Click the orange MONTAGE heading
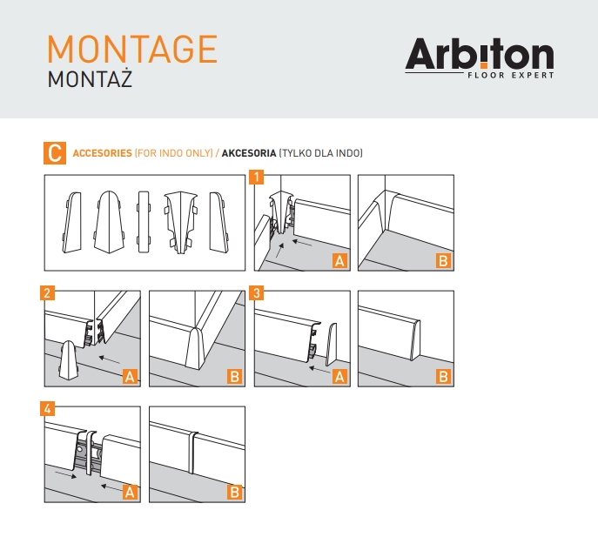coord(132,49)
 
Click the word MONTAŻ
coord(90,79)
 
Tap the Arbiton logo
coord(480,58)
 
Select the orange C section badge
coord(55,153)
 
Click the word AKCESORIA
coord(249,153)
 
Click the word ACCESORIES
coord(102,153)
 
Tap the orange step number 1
coord(256,177)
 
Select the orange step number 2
coord(47,293)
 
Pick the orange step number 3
coord(256,293)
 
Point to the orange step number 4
coord(47,409)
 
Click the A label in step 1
coord(339,261)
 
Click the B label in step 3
coord(443,377)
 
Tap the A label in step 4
coord(130,493)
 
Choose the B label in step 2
coord(234,377)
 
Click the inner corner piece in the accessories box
coord(181,222)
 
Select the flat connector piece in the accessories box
coord(144,222)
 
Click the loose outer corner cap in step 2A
coord(69,360)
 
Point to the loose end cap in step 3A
coord(331,345)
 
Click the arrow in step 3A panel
coord(319,369)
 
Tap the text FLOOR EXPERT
coord(511,75)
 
